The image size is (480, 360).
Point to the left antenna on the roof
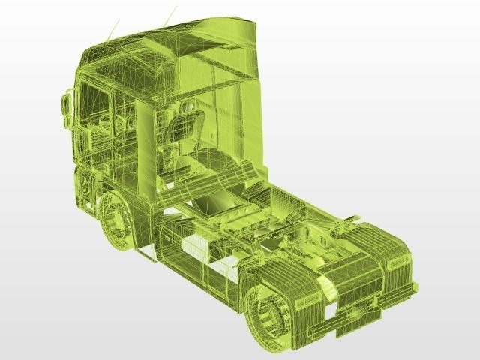(x=113, y=30)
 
